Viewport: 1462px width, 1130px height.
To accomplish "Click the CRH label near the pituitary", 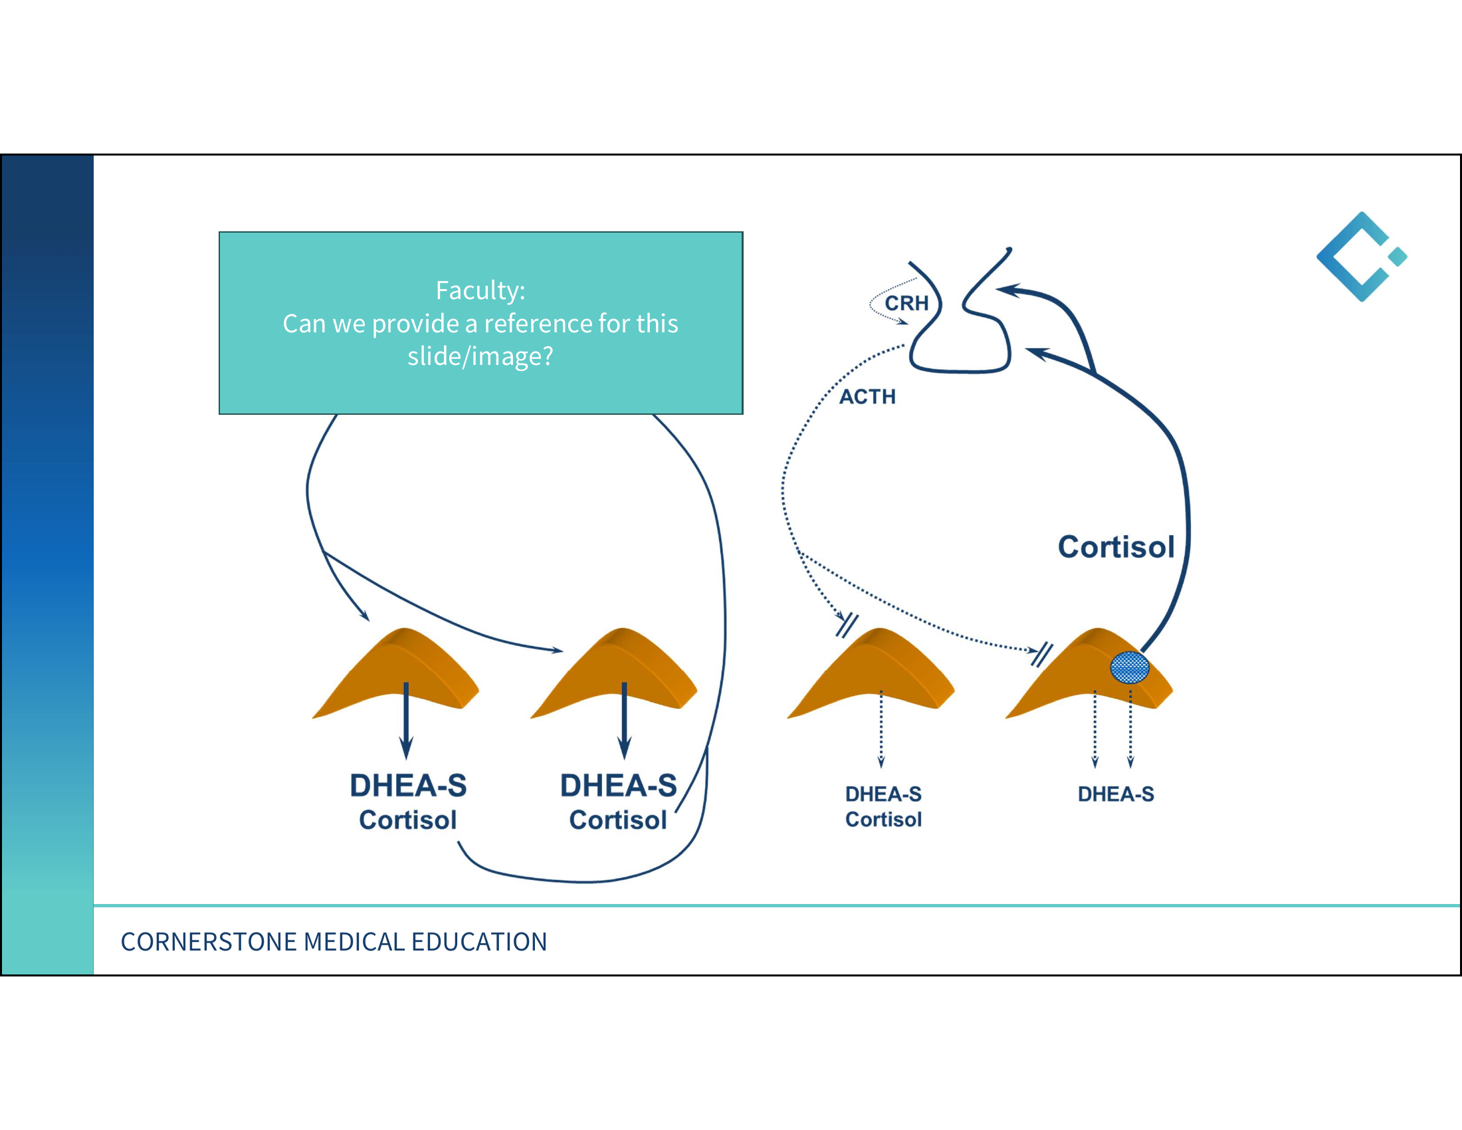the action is (x=906, y=303).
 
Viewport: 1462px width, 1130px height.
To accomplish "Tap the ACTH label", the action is (x=867, y=397).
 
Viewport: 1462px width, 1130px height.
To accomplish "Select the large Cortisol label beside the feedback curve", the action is (x=1116, y=547).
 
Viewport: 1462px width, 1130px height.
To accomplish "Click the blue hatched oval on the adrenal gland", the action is (x=1130, y=667).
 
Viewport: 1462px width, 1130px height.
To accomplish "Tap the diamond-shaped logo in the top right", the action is (x=1362, y=257).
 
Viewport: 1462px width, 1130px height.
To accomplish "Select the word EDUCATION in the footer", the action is (x=479, y=942).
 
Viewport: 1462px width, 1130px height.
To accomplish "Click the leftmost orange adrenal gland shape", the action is (x=395, y=673).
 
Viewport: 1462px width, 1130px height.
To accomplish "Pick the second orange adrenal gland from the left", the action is (x=614, y=673).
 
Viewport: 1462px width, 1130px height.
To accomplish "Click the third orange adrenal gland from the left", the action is (x=871, y=673).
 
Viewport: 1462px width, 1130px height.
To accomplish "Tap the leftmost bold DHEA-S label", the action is (x=408, y=786).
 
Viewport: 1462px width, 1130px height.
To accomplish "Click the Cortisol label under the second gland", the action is (x=618, y=820).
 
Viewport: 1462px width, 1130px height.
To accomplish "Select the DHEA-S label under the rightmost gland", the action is (x=1116, y=794).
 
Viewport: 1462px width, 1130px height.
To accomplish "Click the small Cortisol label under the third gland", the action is (x=884, y=820).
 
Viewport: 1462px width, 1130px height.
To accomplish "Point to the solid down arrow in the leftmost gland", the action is (x=405, y=721).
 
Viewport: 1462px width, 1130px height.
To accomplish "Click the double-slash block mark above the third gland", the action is (x=847, y=625).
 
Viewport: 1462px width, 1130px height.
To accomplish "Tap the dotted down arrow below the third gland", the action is (x=881, y=729).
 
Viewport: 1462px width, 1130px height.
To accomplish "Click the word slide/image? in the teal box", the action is (x=480, y=356).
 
